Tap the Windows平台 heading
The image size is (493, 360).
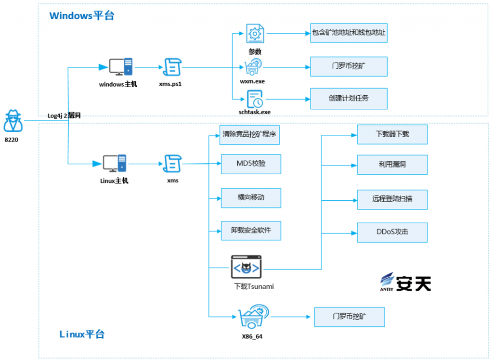click(82, 15)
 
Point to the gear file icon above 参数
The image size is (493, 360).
click(255, 33)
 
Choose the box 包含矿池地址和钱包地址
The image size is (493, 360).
click(349, 33)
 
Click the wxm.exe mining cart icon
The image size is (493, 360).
click(254, 66)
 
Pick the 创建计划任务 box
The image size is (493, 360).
click(349, 98)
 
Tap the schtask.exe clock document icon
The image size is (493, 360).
click(254, 99)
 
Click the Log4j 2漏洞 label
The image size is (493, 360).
click(64, 116)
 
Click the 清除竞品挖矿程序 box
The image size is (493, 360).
click(250, 134)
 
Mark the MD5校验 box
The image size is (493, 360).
click(250, 164)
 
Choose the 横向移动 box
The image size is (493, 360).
click(250, 197)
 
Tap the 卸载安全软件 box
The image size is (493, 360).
click(250, 230)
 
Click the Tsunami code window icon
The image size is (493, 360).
click(246, 267)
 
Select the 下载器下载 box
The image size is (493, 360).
click(392, 134)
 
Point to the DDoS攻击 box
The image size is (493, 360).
click(392, 232)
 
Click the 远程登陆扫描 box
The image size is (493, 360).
click(392, 199)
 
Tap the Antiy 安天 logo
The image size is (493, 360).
click(405, 282)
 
